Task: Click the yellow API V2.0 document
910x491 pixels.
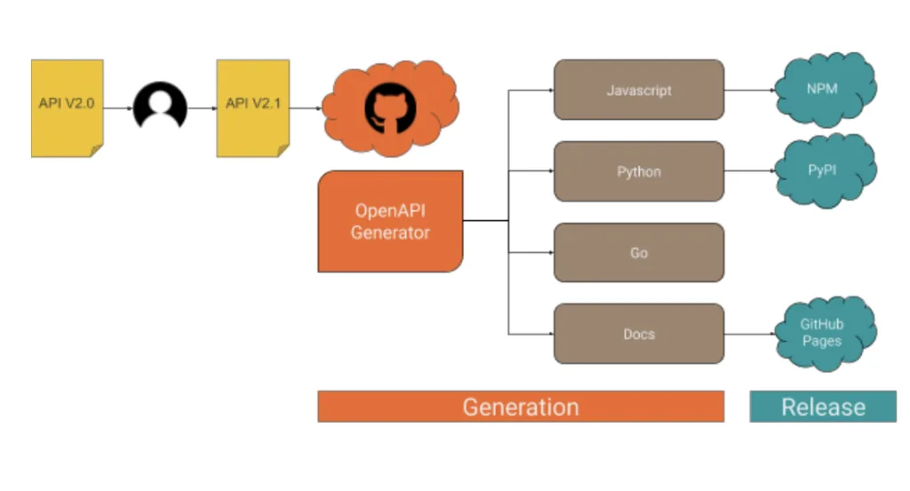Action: [x=68, y=107]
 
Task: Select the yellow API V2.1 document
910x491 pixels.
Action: [x=253, y=107]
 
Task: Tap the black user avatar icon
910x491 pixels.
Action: [x=160, y=107]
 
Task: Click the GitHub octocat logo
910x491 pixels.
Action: [x=390, y=108]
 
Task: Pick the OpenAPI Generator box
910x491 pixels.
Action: [x=391, y=221]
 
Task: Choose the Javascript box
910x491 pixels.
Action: [x=639, y=90]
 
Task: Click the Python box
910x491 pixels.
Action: [x=639, y=171]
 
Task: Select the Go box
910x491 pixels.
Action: [x=639, y=253]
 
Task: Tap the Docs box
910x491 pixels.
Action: [x=639, y=334]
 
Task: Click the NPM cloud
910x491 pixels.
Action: [x=826, y=90]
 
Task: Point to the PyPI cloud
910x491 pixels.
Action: [x=826, y=170]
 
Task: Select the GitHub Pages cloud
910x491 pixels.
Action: [x=826, y=333]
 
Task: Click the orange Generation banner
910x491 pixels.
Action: [x=521, y=407]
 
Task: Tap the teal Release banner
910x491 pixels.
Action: [x=823, y=407]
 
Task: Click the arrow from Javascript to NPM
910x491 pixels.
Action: [x=750, y=90]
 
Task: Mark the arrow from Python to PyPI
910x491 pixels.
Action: [x=750, y=171]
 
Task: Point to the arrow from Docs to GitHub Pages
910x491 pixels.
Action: [x=750, y=334]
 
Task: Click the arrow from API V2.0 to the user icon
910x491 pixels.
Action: [x=118, y=107]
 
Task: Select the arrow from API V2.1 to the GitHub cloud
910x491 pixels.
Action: [x=306, y=107]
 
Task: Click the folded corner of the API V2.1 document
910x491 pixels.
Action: [x=283, y=151]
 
